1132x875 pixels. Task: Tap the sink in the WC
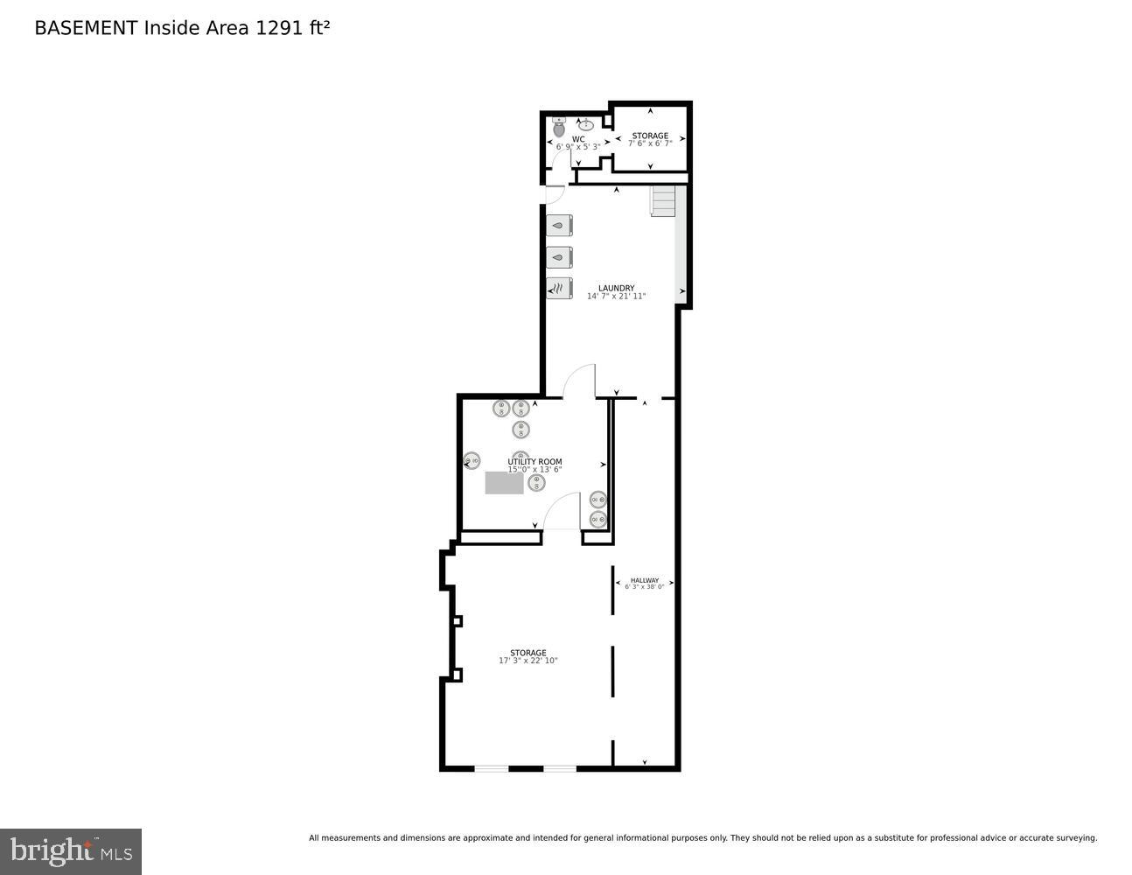point(586,124)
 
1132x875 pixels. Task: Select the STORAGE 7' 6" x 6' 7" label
point(650,139)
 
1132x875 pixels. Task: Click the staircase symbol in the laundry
point(664,201)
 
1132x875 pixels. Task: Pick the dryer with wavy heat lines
point(559,288)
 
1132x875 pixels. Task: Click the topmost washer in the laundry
point(559,225)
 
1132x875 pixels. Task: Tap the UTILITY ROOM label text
point(535,462)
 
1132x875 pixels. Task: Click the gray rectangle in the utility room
point(504,483)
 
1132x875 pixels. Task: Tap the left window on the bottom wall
point(491,769)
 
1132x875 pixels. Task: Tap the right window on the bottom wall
point(560,769)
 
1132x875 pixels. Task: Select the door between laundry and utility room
point(579,381)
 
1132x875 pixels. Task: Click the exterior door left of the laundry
point(554,195)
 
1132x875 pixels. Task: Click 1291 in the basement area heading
point(276,28)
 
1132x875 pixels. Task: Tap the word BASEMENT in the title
point(86,28)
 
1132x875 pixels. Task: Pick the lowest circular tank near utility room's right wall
point(597,520)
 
